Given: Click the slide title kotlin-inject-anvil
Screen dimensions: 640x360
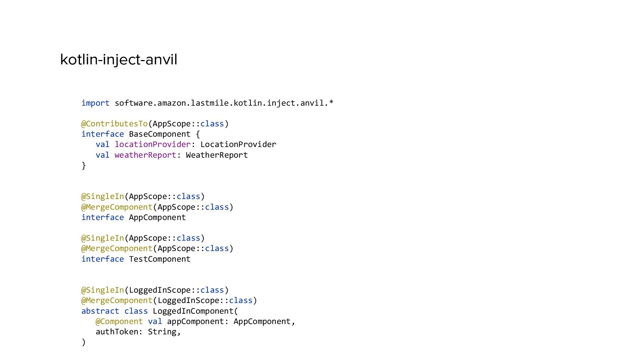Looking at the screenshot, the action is [119, 60].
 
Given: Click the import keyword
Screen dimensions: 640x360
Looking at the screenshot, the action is [95, 103].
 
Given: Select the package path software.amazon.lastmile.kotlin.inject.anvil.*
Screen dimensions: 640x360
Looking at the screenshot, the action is [224, 103].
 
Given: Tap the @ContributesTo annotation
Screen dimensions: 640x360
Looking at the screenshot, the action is [114, 124].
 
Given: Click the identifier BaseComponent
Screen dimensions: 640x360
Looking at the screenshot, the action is [160, 134].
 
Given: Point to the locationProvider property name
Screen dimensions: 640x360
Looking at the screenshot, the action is [152, 144].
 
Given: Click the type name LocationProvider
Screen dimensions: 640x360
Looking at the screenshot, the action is [238, 144].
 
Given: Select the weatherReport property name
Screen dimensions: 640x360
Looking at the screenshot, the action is [145, 155].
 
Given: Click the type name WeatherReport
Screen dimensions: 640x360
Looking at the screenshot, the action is [217, 155].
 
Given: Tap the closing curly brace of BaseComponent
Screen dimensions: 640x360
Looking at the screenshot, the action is [84, 165].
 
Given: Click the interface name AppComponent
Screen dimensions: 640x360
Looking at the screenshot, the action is [157, 217].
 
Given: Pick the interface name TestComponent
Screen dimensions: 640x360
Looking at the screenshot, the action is [160, 259].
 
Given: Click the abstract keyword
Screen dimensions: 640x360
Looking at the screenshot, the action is [100, 311].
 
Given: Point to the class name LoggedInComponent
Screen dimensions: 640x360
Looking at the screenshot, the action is [193, 311].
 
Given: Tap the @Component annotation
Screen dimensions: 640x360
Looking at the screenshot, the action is [119, 321].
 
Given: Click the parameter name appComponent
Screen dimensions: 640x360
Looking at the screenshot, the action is [195, 321].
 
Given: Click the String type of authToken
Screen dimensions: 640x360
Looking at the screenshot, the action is [162, 332].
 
